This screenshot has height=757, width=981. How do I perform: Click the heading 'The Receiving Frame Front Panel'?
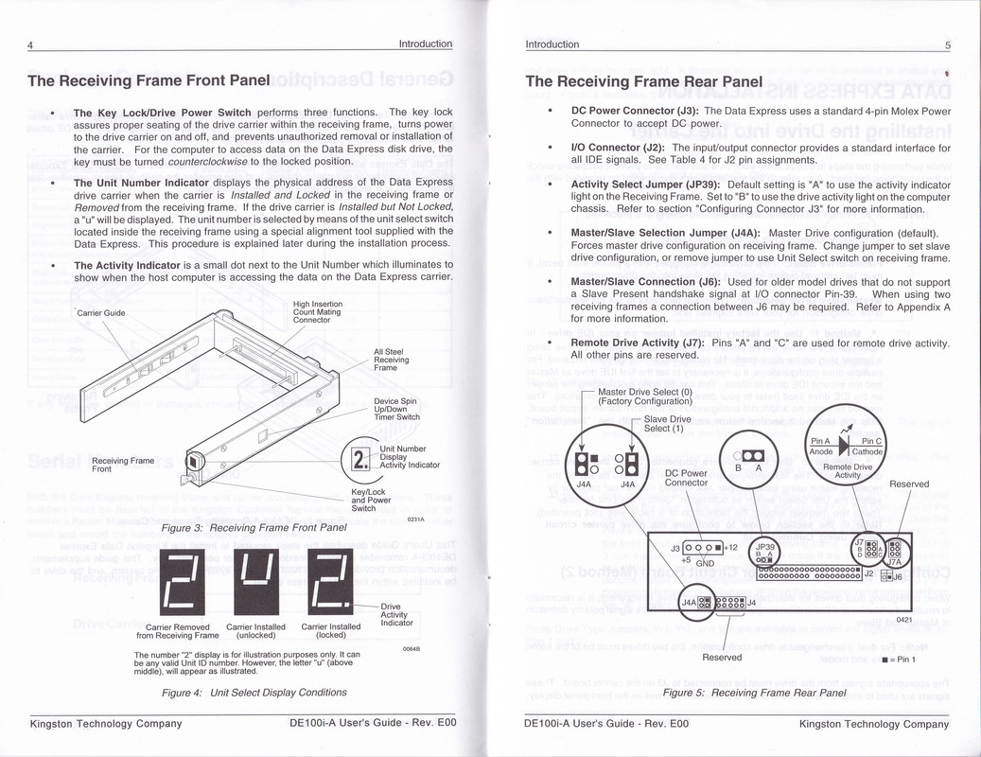(x=149, y=81)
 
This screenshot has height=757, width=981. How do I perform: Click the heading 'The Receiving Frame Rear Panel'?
(x=644, y=81)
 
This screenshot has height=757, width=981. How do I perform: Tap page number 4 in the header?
(x=30, y=44)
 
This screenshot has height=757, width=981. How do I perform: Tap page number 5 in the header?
(x=947, y=44)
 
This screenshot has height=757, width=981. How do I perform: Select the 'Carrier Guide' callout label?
(x=102, y=312)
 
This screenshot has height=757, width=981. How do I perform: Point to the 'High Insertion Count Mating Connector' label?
(x=317, y=312)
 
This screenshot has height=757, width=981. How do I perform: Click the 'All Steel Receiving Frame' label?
(x=392, y=360)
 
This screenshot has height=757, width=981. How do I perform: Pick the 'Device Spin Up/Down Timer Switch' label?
(x=397, y=409)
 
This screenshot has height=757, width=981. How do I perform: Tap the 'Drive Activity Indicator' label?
(x=396, y=614)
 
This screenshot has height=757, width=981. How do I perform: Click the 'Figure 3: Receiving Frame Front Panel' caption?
(x=255, y=527)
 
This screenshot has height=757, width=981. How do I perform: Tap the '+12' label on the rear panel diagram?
(x=730, y=547)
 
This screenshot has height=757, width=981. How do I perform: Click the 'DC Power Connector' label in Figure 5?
(x=687, y=478)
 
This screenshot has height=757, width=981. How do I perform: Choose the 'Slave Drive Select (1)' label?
(x=668, y=423)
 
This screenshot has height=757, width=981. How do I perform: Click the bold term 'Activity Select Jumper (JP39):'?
(x=646, y=184)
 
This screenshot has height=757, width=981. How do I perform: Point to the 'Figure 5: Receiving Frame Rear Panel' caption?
(x=754, y=693)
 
